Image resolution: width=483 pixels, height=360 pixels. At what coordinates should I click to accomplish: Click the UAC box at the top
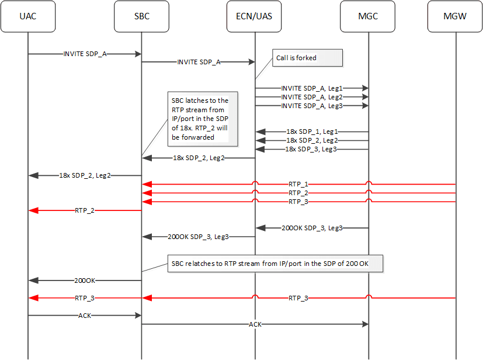(28, 16)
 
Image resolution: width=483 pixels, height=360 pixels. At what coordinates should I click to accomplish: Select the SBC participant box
(141, 16)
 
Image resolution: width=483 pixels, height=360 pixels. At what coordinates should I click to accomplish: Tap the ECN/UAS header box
(255, 16)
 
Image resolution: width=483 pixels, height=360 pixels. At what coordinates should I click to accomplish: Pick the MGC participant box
(368, 16)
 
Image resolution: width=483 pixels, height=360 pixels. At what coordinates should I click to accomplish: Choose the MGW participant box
(455, 16)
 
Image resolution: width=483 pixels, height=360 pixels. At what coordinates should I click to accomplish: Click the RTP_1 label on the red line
(298, 184)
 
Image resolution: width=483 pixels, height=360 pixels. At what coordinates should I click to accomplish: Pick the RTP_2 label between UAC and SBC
(85, 210)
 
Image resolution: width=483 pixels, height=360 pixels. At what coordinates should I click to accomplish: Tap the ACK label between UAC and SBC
(85, 316)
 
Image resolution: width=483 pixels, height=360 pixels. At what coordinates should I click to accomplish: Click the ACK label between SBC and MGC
(255, 324)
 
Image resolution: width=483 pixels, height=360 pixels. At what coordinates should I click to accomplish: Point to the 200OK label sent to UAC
(85, 281)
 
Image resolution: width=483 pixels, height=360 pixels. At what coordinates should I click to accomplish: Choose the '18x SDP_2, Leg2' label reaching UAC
(85, 175)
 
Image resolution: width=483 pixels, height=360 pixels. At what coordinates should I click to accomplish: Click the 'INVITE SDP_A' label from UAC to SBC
(85, 53)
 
